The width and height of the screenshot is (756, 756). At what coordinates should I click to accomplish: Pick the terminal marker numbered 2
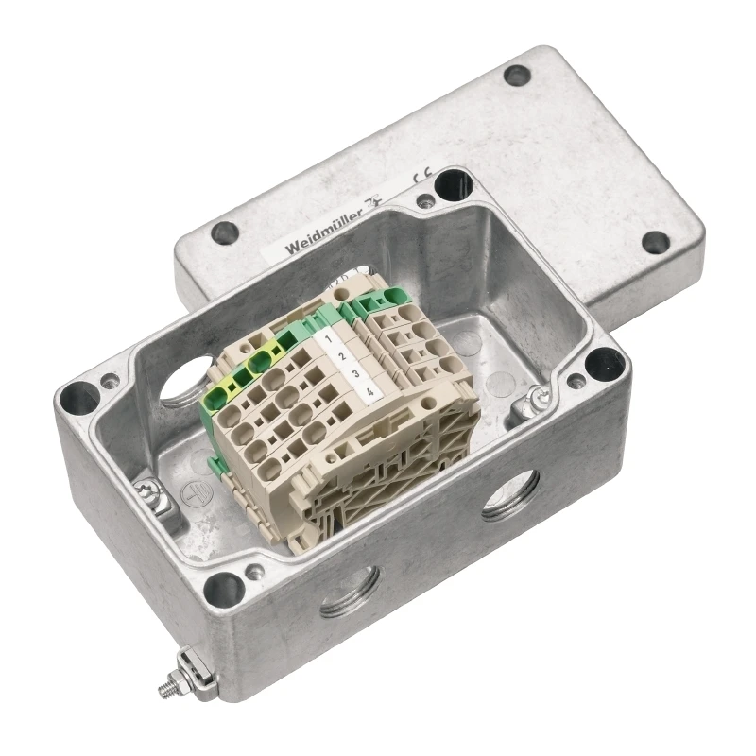(x=342, y=356)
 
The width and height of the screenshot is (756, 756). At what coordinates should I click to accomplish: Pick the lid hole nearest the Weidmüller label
(x=225, y=232)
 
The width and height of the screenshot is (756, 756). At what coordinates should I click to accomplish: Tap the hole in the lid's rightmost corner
(x=655, y=242)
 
